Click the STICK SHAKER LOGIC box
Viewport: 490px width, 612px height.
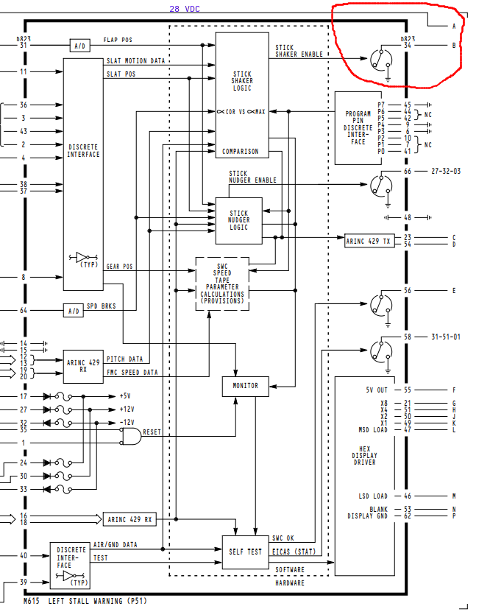tap(242, 94)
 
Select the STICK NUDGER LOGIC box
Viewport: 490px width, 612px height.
tap(238, 220)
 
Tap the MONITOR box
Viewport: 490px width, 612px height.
tap(246, 385)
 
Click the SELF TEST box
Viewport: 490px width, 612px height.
tap(245, 552)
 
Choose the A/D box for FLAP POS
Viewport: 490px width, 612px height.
tap(79, 46)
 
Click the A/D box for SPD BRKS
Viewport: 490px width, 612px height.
tap(74, 310)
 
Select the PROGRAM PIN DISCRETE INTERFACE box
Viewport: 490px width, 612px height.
tap(359, 127)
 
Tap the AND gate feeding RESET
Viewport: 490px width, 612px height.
tap(132, 437)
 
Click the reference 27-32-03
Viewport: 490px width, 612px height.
tap(447, 171)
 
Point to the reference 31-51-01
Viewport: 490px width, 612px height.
tap(447, 337)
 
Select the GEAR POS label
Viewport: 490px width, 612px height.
tap(120, 267)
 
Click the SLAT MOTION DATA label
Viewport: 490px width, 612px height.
tap(135, 61)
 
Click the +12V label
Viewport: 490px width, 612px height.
tap(127, 409)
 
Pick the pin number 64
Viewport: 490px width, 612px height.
tap(24, 310)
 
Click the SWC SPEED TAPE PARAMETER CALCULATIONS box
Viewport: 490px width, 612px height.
tap(222, 284)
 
